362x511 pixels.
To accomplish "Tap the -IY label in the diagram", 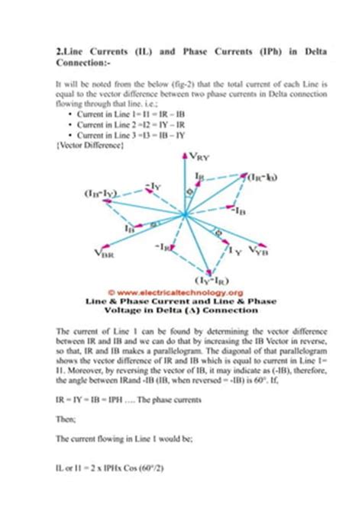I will coord(152,185).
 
